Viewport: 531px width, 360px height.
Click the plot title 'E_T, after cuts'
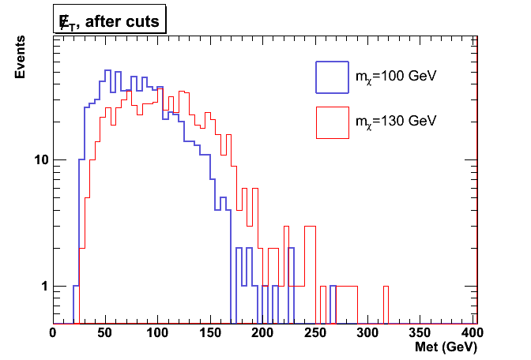tap(108, 21)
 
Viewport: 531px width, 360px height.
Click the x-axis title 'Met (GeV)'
tap(448, 347)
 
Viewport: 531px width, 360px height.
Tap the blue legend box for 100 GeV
tap(332, 77)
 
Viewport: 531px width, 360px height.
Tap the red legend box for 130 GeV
tap(332, 122)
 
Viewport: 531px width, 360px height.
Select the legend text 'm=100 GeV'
tap(396, 77)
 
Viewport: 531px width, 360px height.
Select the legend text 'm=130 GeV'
tap(396, 122)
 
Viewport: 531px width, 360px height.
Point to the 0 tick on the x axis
tap(53, 333)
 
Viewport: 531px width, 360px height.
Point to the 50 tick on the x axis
tap(105, 333)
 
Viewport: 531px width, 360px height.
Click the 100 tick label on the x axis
tap(158, 333)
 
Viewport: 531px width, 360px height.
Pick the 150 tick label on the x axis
tap(211, 333)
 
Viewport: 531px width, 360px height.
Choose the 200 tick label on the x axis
tap(263, 333)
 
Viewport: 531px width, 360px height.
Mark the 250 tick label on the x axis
tap(316, 333)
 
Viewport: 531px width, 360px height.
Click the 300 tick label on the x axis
tap(368, 333)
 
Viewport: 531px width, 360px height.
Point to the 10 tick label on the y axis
tap(39, 160)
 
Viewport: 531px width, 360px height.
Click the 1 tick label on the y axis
tap(43, 286)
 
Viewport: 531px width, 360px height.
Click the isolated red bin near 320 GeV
tap(386, 304)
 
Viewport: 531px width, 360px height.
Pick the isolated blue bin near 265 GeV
tap(333, 304)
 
